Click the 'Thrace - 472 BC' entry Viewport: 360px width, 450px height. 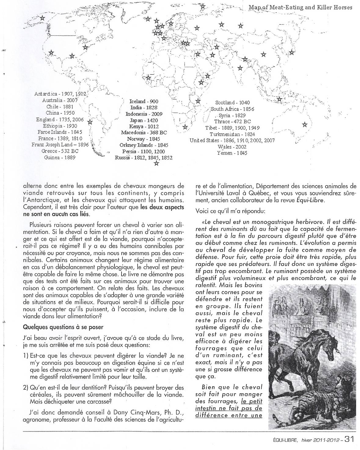232,121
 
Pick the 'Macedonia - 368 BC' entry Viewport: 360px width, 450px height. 144,132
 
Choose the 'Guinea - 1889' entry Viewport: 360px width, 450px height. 60,157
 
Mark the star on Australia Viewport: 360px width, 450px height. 304,124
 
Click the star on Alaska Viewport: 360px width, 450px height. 42,18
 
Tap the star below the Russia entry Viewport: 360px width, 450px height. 156,164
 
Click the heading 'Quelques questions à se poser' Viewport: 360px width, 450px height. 63,327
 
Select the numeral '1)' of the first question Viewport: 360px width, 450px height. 26,356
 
